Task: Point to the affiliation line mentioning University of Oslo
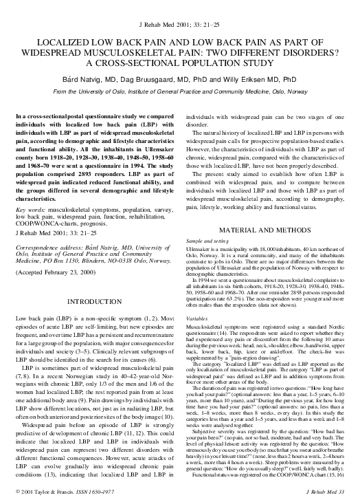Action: [x=180, y=91]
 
